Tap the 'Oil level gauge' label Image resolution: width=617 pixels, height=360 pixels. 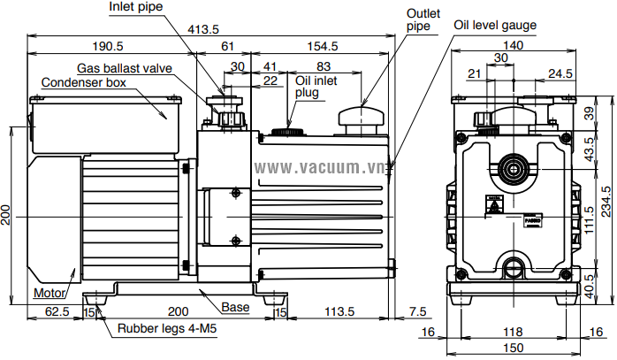tap(495, 25)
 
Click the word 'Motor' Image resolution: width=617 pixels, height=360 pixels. tap(50, 293)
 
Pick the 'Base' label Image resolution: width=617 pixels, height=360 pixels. tap(234, 308)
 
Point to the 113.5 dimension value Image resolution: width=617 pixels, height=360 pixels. tap(339, 312)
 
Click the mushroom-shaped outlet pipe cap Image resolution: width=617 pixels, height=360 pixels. tap(361, 118)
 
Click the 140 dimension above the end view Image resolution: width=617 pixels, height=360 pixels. tap(512, 45)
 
